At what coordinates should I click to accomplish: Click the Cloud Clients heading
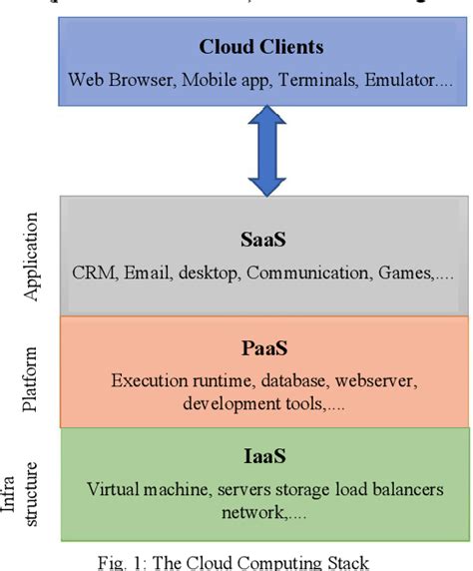(261, 46)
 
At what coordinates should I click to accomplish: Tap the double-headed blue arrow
(264, 152)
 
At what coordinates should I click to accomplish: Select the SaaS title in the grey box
(263, 242)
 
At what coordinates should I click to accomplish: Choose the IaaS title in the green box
(264, 456)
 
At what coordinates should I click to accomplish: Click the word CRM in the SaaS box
(94, 272)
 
